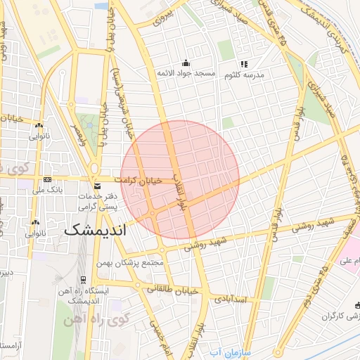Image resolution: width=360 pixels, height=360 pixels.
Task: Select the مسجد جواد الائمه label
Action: pyautogui.click(x=185, y=75)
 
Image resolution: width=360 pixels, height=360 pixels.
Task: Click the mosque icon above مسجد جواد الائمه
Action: pyautogui.click(x=185, y=63)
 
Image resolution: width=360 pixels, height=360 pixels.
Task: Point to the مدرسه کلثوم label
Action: pyautogui.click(x=244, y=75)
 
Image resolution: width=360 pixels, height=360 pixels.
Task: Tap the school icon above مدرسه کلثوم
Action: pyautogui.click(x=244, y=64)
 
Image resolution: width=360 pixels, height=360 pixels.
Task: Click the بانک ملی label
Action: pyautogui.click(x=49, y=190)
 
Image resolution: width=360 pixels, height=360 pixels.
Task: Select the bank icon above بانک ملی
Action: pyautogui.click(x=47, y=179)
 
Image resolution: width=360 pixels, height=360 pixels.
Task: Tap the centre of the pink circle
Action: pyautogui.click(x=180, y=179)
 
